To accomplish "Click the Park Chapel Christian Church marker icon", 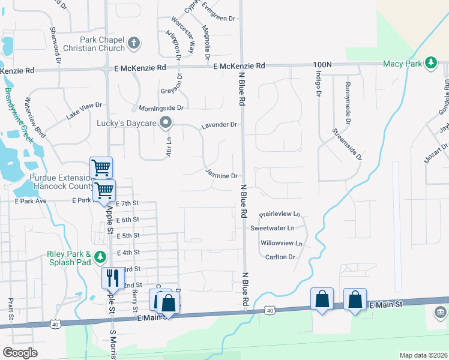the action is pyautogui.click(x=133, y=43).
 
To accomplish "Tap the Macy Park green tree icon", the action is pyautogui.click(x=430, y=62).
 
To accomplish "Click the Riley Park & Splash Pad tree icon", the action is pyautogui.click(x=101, y=257).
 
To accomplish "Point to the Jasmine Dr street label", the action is pyautogui.click(x=222, y=175).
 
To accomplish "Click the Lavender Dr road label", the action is pyautogui.click(x=220, y=125).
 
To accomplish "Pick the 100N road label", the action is pyautogui.click(x=322, y=64).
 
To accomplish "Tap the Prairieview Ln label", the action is pyautogui.click(x=280, y=214).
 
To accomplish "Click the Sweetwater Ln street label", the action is pyautogui.click(x=273, y=229).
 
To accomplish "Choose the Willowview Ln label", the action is pyautogui.click(x=280, y=244).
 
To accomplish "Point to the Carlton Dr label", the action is pyautogui.click(x=280, y=257).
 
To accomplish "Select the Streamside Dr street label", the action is pyautogui.click(x=348, y=143).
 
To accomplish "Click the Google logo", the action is pyautogui.click(x=20, y=353).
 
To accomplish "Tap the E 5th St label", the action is pyautogui.click(x=127, y=236).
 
